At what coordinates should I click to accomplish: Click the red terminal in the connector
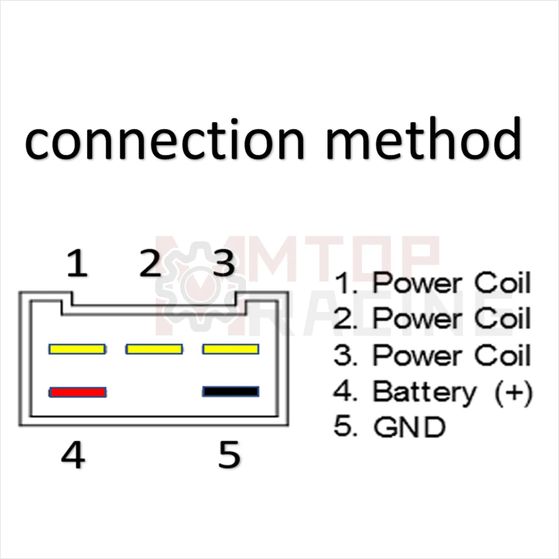[78, 392]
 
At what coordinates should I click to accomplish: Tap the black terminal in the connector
[231, 392]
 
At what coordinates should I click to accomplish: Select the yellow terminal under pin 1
[78, 349]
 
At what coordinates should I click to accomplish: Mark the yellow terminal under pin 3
[231, 349]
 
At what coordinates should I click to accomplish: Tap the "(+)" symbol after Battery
[513, 392]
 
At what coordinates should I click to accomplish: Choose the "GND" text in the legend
[409, 427]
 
